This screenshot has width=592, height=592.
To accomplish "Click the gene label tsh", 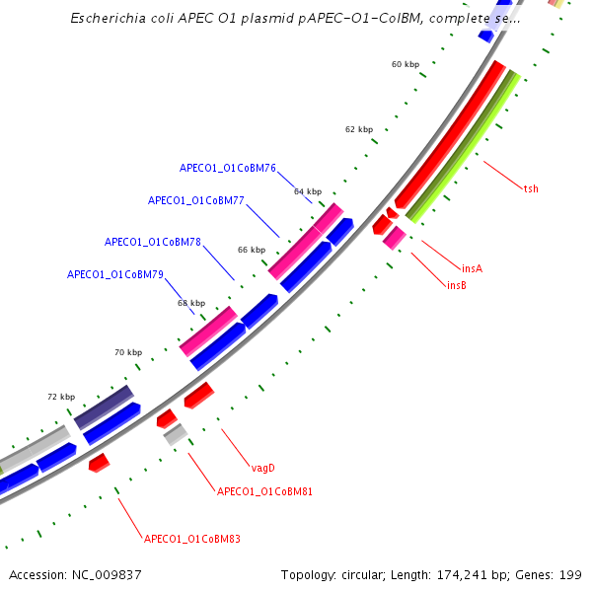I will click(x=531, y=188).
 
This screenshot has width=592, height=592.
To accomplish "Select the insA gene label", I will click(x=472, y=268).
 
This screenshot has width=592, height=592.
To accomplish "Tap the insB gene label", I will click(x=456, y=286).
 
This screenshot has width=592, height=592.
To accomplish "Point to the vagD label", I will click(x=262, y=468).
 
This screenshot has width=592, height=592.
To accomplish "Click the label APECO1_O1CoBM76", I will click(x=227, y=168).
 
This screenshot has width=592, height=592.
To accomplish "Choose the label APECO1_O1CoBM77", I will click(x=195, y=200).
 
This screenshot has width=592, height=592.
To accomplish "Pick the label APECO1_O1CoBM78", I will click(x=153, y=242).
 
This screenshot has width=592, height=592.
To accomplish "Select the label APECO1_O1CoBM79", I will click(x=114, y=274).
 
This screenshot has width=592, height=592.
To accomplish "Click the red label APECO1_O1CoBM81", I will click(x=264, y=491).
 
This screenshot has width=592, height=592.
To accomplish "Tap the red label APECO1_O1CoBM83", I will click(x=192, y=540).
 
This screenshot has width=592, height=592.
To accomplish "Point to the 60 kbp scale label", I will click(x=405, y=64).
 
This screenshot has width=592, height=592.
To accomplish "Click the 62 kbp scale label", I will click(x=359, y=129).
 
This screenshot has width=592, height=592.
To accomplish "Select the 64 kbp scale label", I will click(x=308, y=191).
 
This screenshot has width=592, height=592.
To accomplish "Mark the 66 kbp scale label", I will click(x=252, y=250).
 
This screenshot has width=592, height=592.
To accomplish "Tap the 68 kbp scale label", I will click(x=191, y=303).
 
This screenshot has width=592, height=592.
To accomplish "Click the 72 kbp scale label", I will click(x=61, y=397).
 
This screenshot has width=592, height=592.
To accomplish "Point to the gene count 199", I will click(x=571, y=574).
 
